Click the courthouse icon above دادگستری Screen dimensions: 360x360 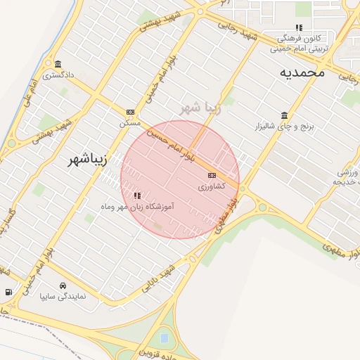pos(58,64)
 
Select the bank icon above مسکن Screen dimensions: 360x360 pos(130,112)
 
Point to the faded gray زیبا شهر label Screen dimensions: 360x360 pos(200,108)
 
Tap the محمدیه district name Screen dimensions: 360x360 pos(302,72)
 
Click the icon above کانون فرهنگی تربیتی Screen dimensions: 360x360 pos(299,28)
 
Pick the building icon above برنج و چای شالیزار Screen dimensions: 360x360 pos(284,115)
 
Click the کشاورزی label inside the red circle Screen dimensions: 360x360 pos(211,186)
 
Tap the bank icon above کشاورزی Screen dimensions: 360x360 pos(212,175)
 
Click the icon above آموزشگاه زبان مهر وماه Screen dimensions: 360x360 pos(137,195)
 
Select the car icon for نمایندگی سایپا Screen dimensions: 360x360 pos(63,285)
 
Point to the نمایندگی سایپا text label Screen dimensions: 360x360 pos(63,296)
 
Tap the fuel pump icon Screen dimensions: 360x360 pos(8,292)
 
